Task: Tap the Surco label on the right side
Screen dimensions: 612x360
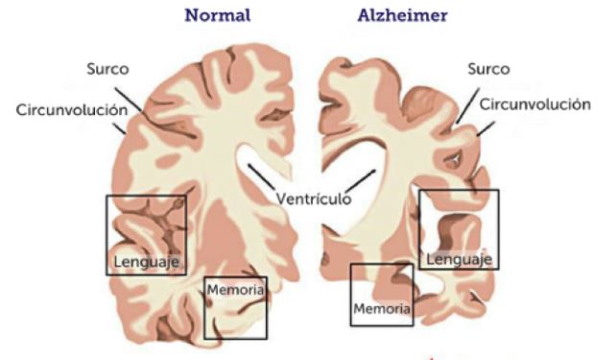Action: click(x=488, y=69)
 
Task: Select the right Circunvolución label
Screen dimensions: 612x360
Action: click(x=534, y=104)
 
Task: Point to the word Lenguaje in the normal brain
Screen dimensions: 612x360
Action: click(x=147, y=261)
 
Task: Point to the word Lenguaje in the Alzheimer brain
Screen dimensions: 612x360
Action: click(x=459, y=258)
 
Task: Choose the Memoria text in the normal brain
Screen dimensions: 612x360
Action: click(x=234, y=287)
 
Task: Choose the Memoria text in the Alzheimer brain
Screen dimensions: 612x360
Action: click(x=382, y=309)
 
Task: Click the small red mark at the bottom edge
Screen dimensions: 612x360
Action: click(x=433, y=357)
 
